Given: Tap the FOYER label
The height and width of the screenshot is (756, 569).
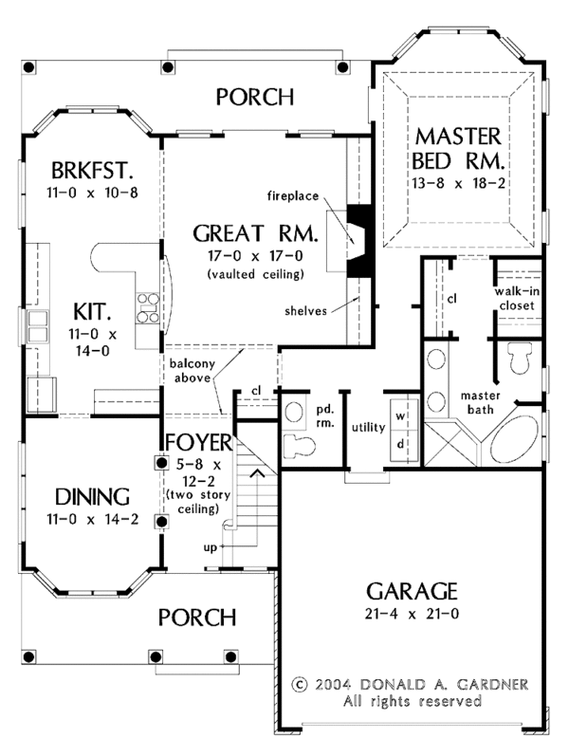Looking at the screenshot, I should click(196, 444).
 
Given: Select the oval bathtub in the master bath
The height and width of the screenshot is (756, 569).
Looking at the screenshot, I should click(518, 430).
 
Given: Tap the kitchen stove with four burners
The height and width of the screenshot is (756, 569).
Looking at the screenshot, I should click(149, 308).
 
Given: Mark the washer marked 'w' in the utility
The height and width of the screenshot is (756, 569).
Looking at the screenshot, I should click(400, 416).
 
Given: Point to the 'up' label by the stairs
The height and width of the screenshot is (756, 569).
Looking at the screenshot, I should click(210, 549).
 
